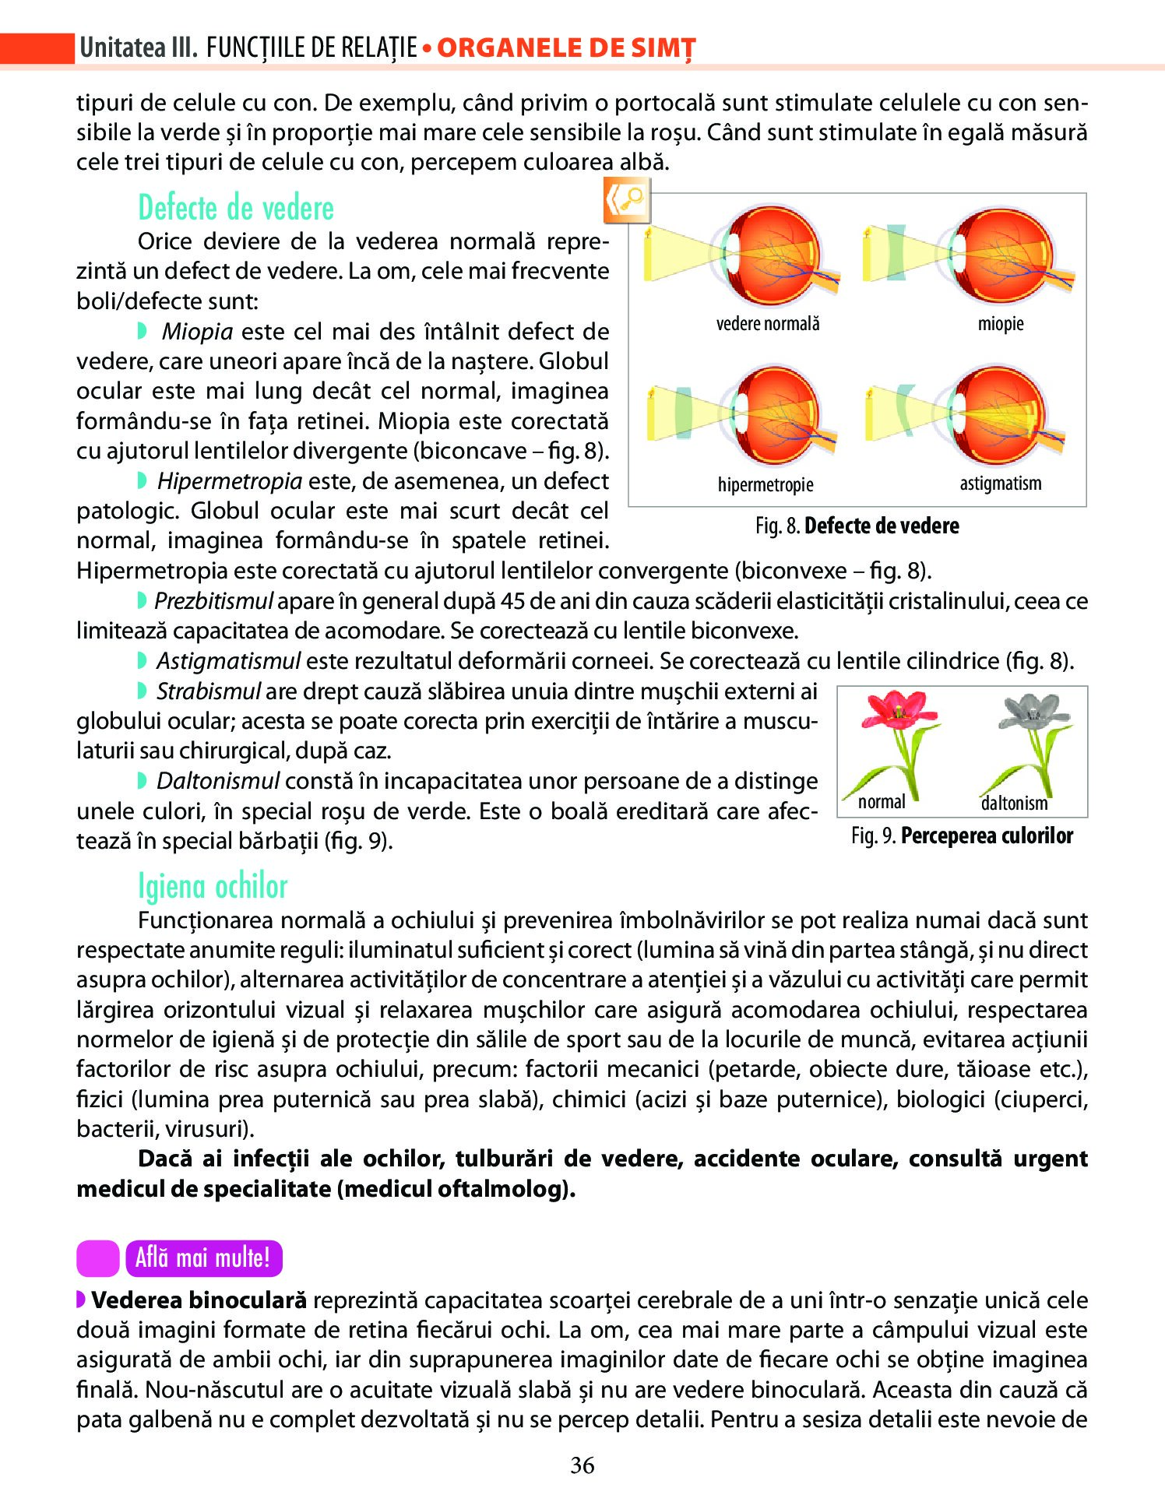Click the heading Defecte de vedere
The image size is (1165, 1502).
(236, 209)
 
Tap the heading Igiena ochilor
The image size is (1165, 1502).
(213, 887)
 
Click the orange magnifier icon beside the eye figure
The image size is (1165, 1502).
(626, 201)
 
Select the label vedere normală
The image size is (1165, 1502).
(768, 324)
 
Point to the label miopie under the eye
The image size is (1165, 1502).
(1001, 324)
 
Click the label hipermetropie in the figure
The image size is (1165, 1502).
(766, 485)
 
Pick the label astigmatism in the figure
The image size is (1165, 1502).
(1001, 484)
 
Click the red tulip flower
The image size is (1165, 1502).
(899, 709)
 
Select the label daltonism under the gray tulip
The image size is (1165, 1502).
(1014, 803)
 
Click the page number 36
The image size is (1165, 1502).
(582, 1465)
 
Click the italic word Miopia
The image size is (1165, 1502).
(198, 332)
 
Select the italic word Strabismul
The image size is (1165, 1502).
(209, 691)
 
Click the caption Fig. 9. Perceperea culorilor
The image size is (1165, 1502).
(962, 836)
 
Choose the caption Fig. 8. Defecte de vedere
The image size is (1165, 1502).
(857, 526)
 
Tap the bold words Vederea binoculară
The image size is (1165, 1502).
(199, 1300)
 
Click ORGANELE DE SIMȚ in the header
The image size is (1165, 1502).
(566, 48)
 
